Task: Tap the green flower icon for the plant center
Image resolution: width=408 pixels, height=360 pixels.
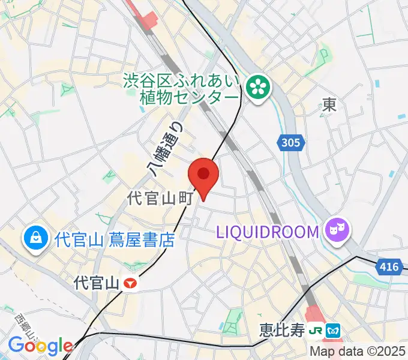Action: click(259, 89)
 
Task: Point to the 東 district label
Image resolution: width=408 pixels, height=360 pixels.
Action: click(329, 106)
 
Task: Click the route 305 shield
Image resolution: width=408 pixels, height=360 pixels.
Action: click(291, 143)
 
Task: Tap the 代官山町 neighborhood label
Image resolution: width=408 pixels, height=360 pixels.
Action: click(159, 199)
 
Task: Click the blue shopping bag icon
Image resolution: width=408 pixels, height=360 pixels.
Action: click(36, 239)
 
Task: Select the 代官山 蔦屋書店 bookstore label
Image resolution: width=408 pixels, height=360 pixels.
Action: click(114, 240)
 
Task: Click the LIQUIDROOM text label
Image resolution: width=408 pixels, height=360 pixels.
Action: click(267, 232)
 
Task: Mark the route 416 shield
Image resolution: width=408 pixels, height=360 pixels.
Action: click(389, 266)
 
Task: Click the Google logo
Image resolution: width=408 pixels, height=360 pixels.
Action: click(40, 346)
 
